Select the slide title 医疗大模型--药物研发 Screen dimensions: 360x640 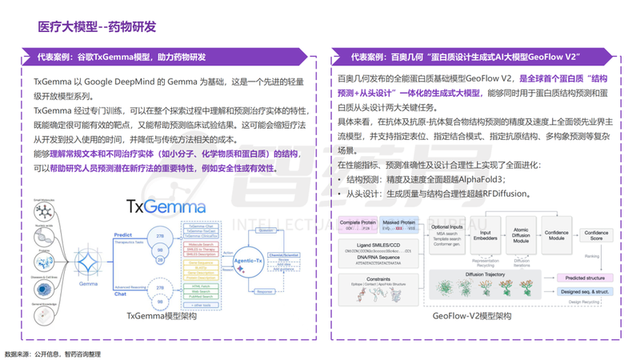(x=95, y=27)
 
